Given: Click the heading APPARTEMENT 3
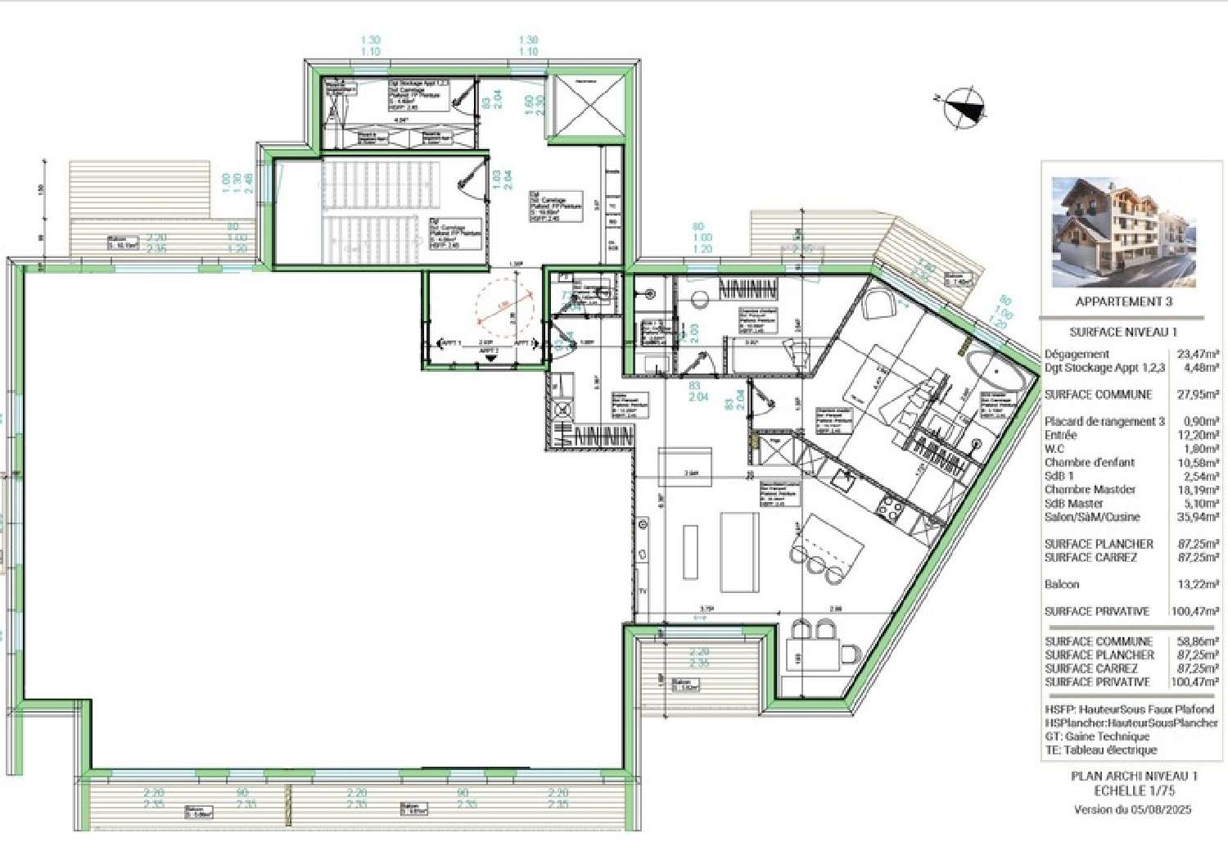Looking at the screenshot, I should tap(1123, 301).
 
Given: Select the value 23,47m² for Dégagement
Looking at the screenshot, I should tap(1197, 355).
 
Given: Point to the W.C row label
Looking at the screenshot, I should tap(1054, 449).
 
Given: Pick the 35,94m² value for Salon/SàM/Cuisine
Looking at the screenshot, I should tap(1197, 517).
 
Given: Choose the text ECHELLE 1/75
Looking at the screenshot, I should tap(1134, 790).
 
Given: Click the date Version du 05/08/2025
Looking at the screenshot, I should tap(1132, 809).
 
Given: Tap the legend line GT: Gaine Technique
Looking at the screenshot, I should tap(1097, 736).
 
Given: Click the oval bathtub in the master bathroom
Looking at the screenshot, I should tap(996, 371).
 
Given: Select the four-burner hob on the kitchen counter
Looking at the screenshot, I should tap(890, 510).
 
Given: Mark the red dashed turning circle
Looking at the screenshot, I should tap(505, 308).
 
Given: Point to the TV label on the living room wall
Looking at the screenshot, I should tap(643, 591).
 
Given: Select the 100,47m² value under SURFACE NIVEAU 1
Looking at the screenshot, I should tap(1197, 611).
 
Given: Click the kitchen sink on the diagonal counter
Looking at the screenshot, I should tap(842, 480).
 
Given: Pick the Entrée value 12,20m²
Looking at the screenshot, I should tap(1197, 435).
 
